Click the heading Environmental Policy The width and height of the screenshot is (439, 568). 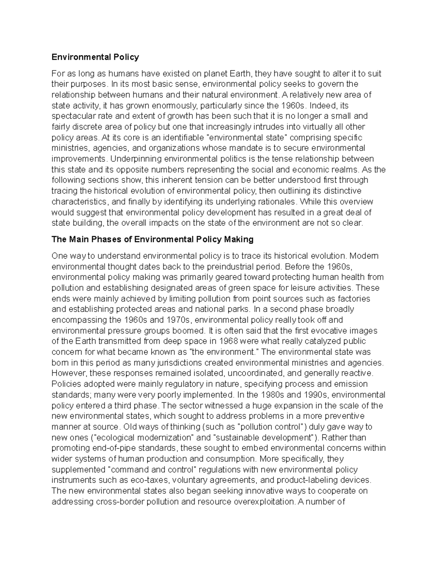pos(95,57)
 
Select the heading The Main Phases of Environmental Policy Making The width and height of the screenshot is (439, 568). pos(153,240)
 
